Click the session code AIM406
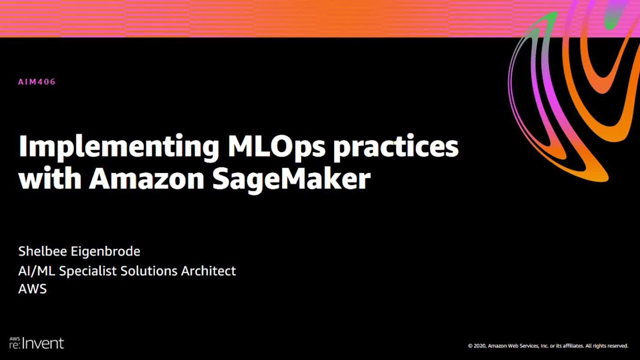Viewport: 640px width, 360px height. coord(36,82)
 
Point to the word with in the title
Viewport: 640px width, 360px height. coord(49,178)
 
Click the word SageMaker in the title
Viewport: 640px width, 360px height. coord(291,179)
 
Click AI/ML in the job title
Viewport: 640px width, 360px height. coord(37,271)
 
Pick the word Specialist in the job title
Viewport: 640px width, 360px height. coord(89,271)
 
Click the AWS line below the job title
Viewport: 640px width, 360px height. coord(32,289)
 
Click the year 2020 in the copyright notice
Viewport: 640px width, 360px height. coord(479,345)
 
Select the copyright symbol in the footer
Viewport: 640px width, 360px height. coord(470,345)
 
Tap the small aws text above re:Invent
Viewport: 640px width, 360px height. coord(13,338)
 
